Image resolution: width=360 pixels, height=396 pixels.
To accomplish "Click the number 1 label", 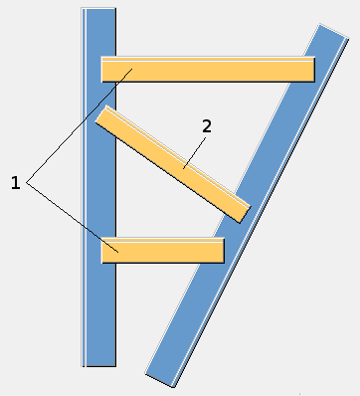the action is point(15,182).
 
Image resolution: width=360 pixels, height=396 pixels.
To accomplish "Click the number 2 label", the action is point(206,126).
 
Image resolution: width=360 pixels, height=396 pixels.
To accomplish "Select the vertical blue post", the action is point(99,318).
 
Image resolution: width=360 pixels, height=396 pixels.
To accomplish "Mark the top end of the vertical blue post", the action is point(99,13).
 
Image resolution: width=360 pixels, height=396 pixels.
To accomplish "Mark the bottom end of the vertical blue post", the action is point(99,362).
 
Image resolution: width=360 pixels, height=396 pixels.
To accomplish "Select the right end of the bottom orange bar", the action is point(219,250).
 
